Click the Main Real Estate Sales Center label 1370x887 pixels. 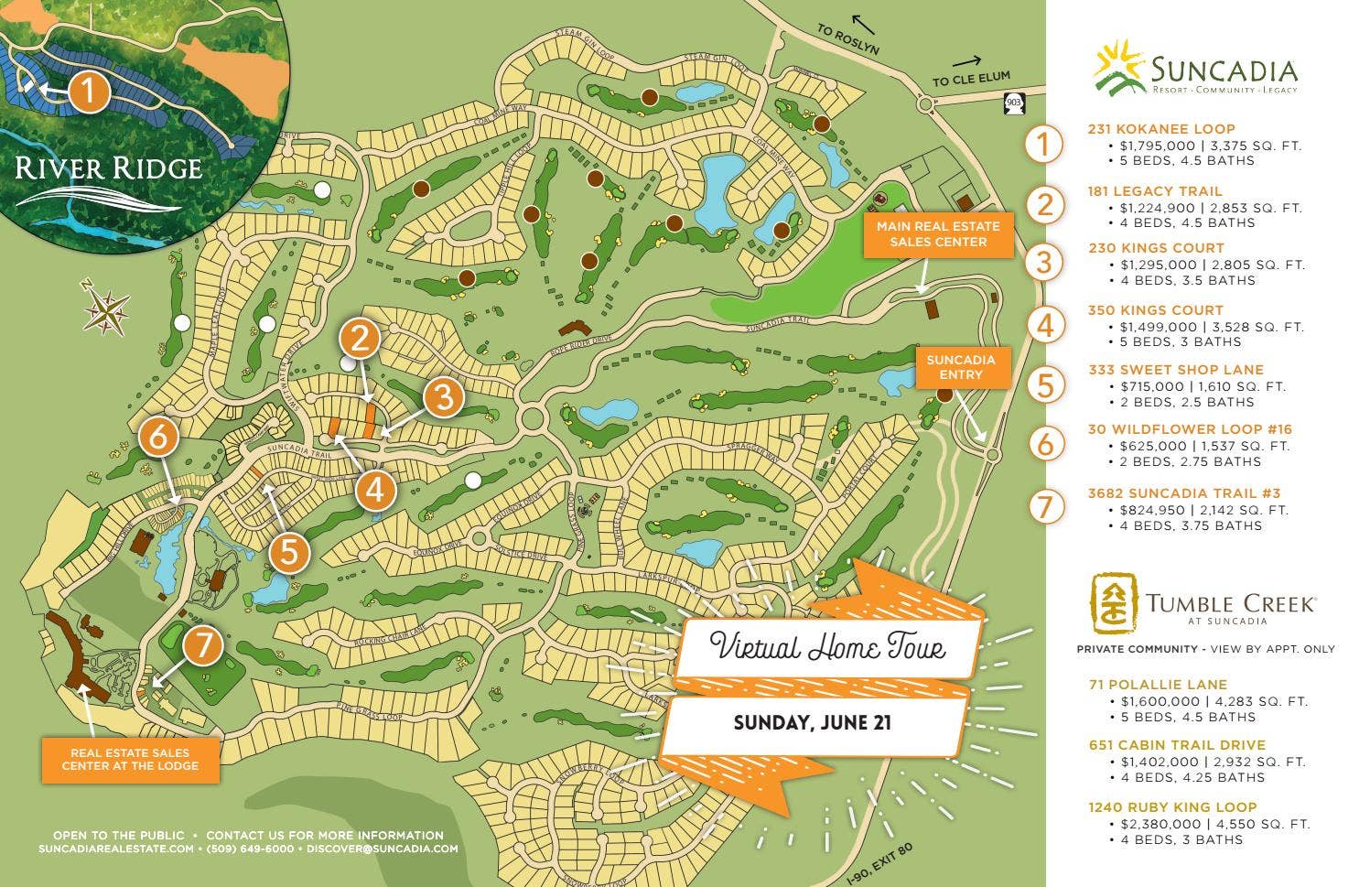tap(938, 234)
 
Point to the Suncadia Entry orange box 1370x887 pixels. tap(960, 367)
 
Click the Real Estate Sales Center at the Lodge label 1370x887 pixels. tap(130, 759)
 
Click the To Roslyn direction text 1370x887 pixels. tap(847, 40)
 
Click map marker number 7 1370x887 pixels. tap(202, 646)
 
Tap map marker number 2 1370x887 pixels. tap(360, 339)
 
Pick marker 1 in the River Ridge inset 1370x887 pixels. tap(89, 91)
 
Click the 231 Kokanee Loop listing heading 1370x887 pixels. tap(1160, 129)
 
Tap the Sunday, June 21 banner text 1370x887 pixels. tap(812, 723)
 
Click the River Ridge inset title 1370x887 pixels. tap(108, 168)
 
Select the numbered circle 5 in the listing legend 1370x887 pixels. tap(1045, 384)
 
